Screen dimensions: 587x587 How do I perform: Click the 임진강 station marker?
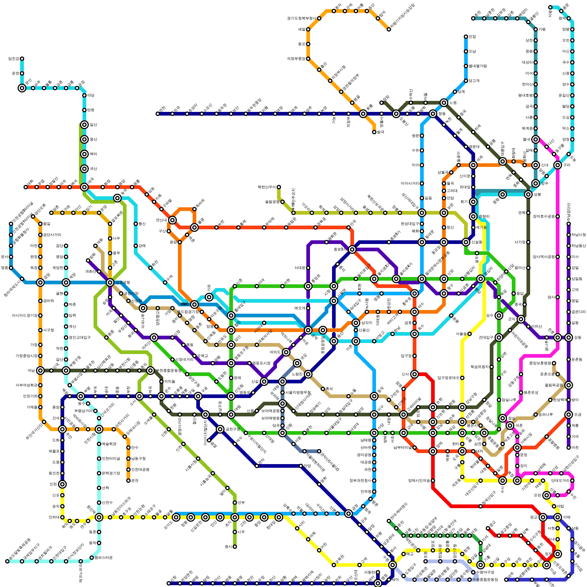[22, 59]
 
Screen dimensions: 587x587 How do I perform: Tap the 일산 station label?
[94, 125]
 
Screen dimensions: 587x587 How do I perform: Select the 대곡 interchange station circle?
[84, 187]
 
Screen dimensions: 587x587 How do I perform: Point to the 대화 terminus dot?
[26, 187]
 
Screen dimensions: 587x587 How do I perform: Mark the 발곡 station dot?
[374, 132]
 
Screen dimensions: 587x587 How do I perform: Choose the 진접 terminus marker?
[466, 37]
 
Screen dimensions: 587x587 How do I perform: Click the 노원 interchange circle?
[444, 103]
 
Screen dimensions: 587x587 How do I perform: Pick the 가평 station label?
[542, 29]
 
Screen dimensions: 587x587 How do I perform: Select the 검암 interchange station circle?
[40, 282]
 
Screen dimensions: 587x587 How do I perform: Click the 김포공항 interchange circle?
[110, 282]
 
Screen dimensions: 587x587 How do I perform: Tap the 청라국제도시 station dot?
[22, 279]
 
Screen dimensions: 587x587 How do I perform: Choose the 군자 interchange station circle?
[521, 319]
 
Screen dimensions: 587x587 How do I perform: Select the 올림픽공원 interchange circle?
[569, 385]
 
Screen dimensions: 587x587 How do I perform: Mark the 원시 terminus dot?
[235, 547]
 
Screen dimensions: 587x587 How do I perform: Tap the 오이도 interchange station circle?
[176, 517]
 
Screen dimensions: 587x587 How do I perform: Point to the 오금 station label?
[577, 415]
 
